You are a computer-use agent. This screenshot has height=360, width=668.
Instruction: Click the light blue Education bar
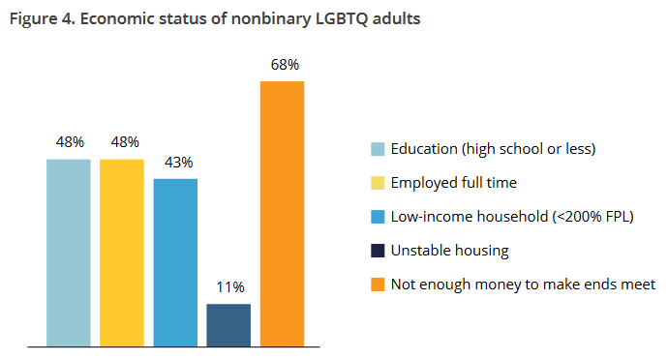tap(69, 253)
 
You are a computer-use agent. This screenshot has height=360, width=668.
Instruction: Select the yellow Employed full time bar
tap(122, 253)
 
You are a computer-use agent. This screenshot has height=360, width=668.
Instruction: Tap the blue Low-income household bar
tap(175, 262)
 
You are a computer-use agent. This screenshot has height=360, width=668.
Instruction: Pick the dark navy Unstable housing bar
tap(228, 325)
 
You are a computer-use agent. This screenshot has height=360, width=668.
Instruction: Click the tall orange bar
tap(282, 214)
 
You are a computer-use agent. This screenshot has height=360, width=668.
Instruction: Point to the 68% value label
tap(285, 65)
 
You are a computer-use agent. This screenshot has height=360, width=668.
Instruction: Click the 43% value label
tap(179, 163)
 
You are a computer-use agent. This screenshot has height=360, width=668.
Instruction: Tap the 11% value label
tap(230, 287)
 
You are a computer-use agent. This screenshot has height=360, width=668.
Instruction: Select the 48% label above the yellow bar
tap(125, 142)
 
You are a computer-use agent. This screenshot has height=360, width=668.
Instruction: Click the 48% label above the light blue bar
tap(70, 142)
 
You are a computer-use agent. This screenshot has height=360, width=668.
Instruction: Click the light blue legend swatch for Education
tap(378, 149)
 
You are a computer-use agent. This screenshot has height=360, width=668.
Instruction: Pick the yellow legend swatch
tap(378, 183)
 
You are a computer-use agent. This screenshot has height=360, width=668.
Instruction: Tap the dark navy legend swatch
tap(378, 251)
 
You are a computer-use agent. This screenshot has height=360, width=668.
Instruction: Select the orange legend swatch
tap(378, 285)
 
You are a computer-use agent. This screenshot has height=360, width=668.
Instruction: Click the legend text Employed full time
tap(454, 183)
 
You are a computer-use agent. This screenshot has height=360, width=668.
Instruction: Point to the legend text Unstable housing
tap(450, 251)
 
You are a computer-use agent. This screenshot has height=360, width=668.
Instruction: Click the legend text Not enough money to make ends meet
tap(523, 285)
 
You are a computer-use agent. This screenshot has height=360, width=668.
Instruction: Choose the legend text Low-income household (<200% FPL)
tap(512, 217)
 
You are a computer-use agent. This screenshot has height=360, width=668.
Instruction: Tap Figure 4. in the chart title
tap(43, 18)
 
